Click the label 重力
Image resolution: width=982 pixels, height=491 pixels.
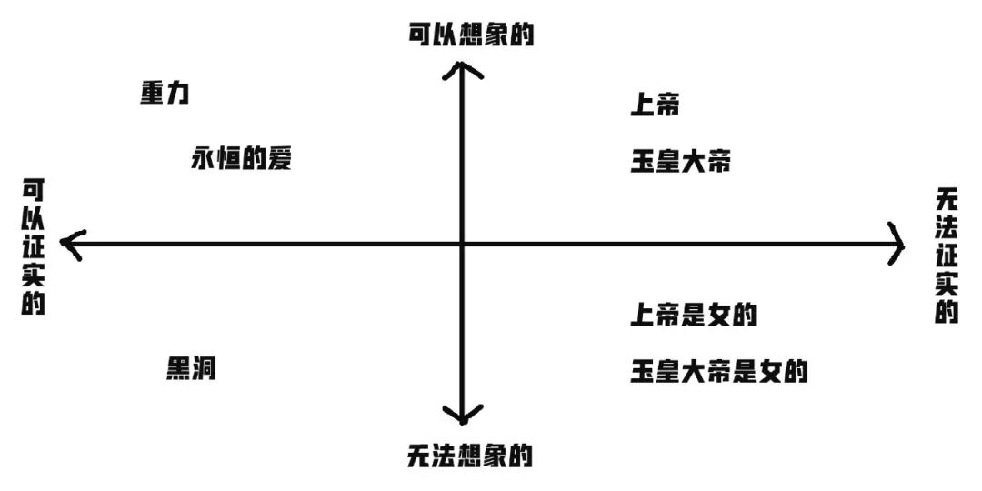[165, 94]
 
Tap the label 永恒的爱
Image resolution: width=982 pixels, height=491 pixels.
[241, 158]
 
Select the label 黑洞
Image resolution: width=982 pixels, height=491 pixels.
[191, 368]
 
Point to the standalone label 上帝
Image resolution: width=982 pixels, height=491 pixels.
[655, 105]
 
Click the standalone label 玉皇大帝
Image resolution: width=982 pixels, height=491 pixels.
[680, 164]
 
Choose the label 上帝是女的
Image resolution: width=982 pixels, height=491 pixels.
[694, 316]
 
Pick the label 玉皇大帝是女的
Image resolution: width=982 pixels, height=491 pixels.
[719, 371]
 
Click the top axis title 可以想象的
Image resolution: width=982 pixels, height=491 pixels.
[469, 35]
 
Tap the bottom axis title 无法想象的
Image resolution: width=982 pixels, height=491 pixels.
[469, 455]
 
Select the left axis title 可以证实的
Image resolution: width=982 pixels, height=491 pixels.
[34, 246]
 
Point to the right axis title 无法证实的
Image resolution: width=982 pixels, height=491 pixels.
[947, 256]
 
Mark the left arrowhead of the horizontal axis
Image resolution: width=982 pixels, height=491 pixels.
[65, 244]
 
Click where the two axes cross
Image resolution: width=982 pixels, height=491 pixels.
[463, 244]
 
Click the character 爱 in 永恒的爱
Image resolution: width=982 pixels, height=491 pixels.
[279, 158]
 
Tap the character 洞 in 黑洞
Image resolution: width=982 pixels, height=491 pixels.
[204, 368]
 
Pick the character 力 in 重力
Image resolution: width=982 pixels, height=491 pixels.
[177, 94]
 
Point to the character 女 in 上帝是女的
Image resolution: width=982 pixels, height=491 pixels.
[719, 316]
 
